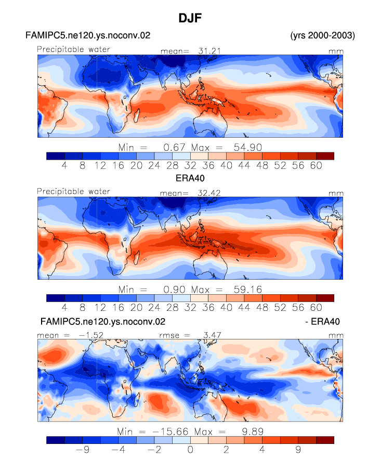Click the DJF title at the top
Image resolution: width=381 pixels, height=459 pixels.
click(x=190, y=18)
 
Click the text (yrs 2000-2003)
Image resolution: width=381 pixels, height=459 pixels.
click(x=322, y=35)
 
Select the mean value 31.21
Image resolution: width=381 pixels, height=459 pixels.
click(x=209, y=51)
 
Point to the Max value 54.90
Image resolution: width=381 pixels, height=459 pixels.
click(x=247, y=147)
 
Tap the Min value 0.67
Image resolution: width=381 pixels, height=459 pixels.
click(x=174, y=147)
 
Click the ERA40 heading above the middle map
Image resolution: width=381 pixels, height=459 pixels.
click(x=190, y=178)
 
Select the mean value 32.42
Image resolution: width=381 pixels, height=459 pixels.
click(x=209, y=193)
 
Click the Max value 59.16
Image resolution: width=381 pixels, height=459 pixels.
click(x=247, y=290)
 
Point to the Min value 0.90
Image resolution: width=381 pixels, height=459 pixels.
click(x=174, y=290)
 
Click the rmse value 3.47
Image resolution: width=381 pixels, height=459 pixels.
click(x=212, y=335)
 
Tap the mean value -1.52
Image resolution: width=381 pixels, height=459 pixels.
click(x=91, y=335)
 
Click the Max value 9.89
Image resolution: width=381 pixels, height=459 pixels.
click(x=253, y=431)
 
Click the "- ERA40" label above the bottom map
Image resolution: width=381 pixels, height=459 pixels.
click(x=322, y=321)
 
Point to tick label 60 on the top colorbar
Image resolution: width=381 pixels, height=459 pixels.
click(x=316, y=166)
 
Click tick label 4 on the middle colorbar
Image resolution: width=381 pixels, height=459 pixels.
click(x=64, y=308)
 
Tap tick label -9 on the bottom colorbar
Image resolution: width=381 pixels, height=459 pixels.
click(x=82, y=450)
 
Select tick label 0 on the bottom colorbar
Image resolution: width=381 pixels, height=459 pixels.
click(x=190, y=450)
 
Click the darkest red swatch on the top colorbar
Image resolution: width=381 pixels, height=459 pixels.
click(x=325, y=156)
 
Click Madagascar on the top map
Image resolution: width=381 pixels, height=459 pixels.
click(x=137, y=116)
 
